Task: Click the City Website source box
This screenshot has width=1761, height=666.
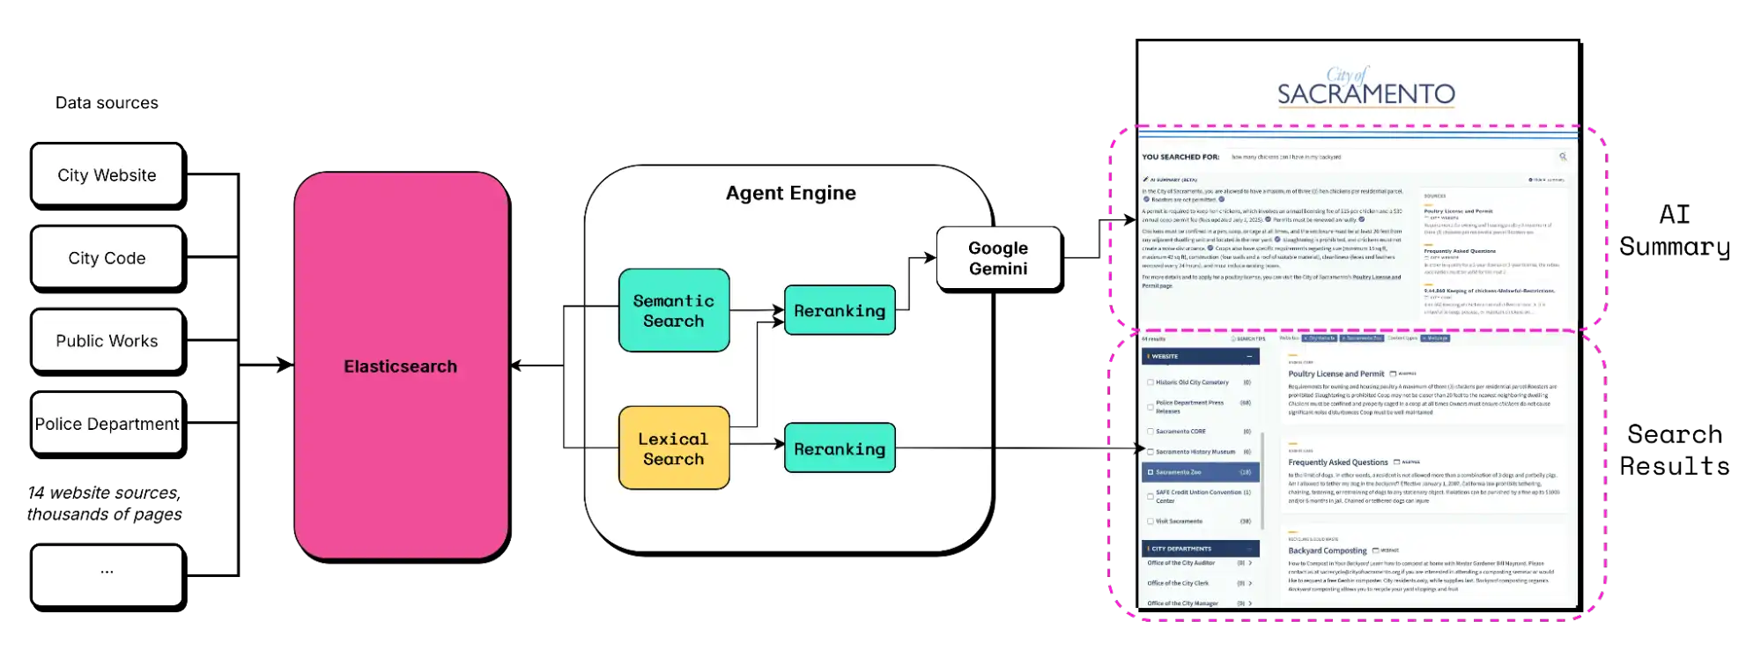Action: click(x=107, y=175)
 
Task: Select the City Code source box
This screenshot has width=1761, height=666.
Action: click(x=107, y=258)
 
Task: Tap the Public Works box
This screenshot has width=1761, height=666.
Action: click(x=107, y=341)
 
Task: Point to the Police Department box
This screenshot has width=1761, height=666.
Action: click(x=107, y=424)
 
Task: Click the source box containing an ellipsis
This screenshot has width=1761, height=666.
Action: click(x=107, y=573)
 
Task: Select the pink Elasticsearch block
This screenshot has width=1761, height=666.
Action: click(x=401, y=366)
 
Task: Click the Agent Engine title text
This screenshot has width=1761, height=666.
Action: click(x=790, y=193)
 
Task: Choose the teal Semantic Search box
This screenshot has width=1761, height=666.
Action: click(x=674, y=311)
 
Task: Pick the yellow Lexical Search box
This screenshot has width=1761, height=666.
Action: click(x=674, y=448)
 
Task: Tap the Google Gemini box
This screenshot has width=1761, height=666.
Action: click(x=998, y=258)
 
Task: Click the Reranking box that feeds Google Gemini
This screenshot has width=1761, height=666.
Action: click(x=840, y=310)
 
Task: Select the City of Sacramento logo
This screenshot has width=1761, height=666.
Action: click(x=1365, y=87)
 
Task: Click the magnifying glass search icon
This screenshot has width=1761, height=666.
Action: click(x=1563, y=157)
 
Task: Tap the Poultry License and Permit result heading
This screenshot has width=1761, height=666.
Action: click(x=1336, y=374)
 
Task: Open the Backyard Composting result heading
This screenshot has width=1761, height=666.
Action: click(x=1327, y=551)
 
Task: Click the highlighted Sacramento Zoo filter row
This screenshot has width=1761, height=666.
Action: click(x=1200, y=472)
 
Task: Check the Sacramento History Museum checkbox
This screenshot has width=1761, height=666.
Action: click(x=1151, y=452)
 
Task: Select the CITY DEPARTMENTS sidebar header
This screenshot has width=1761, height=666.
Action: click(x=1200, y=548)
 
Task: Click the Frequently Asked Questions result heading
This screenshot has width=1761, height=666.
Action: click(x=1337, y=462)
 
